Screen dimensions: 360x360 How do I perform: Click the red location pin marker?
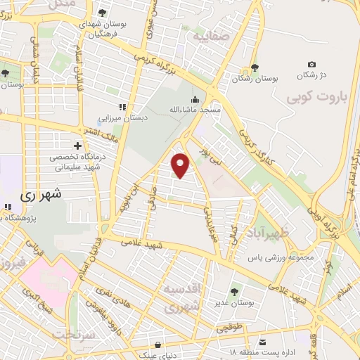point(181,165)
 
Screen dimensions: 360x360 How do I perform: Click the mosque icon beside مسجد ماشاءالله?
point(195,99)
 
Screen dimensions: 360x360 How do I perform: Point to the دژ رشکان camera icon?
point(311,65)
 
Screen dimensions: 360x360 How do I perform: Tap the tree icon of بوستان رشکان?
point(255,69)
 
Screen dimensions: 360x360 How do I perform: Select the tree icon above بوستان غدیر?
point(233,291)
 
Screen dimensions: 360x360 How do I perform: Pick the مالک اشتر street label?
point(103,131)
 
